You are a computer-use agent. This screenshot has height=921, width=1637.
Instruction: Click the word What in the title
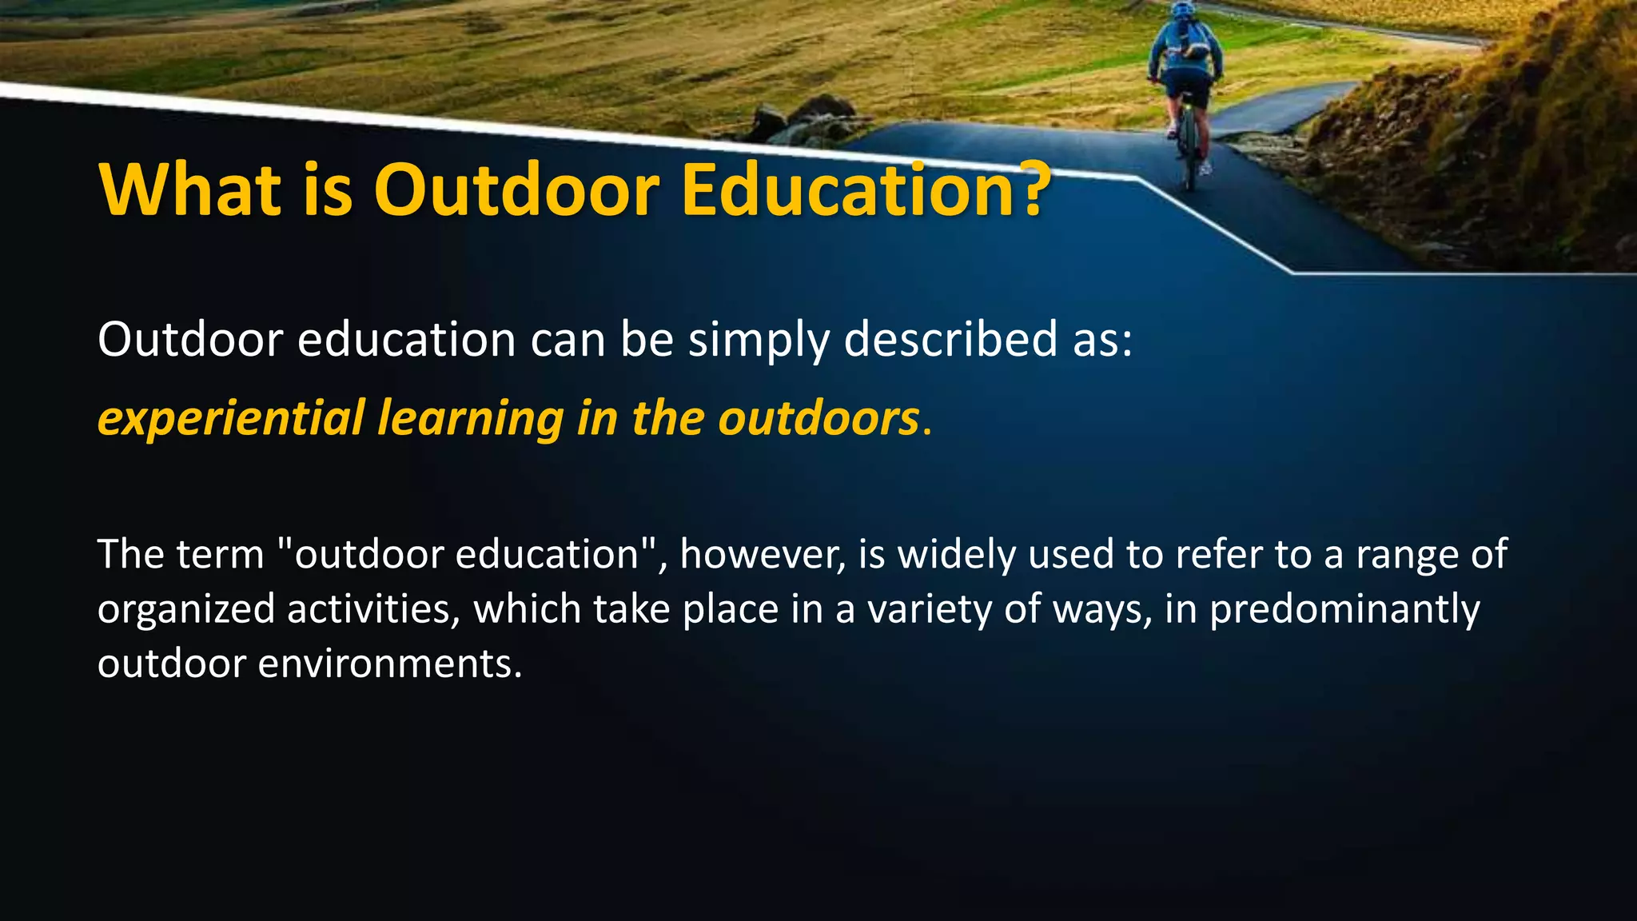point(190,189)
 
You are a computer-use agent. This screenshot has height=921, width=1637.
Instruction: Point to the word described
point(951,339)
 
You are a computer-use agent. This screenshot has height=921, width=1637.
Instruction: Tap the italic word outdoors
point(818,417)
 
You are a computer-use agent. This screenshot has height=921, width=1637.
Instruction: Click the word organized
point(186,610)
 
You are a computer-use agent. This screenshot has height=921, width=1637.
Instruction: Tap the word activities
point(373,608)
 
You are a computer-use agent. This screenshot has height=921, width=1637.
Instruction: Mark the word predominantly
point(1344,610)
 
